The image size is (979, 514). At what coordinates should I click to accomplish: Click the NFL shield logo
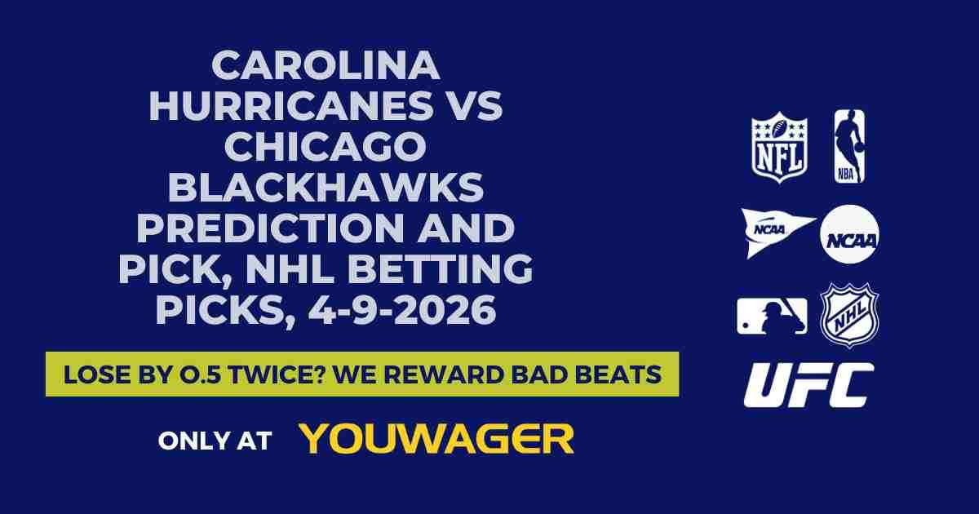(x=779, y=147)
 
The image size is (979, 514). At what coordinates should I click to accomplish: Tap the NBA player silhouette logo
(x=848, y=147)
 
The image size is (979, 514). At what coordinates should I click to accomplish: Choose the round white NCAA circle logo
(x=849, y=234)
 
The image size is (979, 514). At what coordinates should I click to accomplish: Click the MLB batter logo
(x=772, y=316)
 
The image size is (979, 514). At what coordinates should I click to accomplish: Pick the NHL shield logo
(x=849, y=315)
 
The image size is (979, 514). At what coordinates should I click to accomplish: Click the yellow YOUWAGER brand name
(x=436, y=439)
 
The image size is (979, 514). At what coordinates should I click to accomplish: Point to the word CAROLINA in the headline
(x=326, y=66)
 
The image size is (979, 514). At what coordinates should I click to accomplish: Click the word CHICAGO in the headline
(x=326, y=148)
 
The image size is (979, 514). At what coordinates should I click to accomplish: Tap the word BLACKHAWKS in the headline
(x=326, y=188)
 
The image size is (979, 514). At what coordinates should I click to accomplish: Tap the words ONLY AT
(x=215, y=441)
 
